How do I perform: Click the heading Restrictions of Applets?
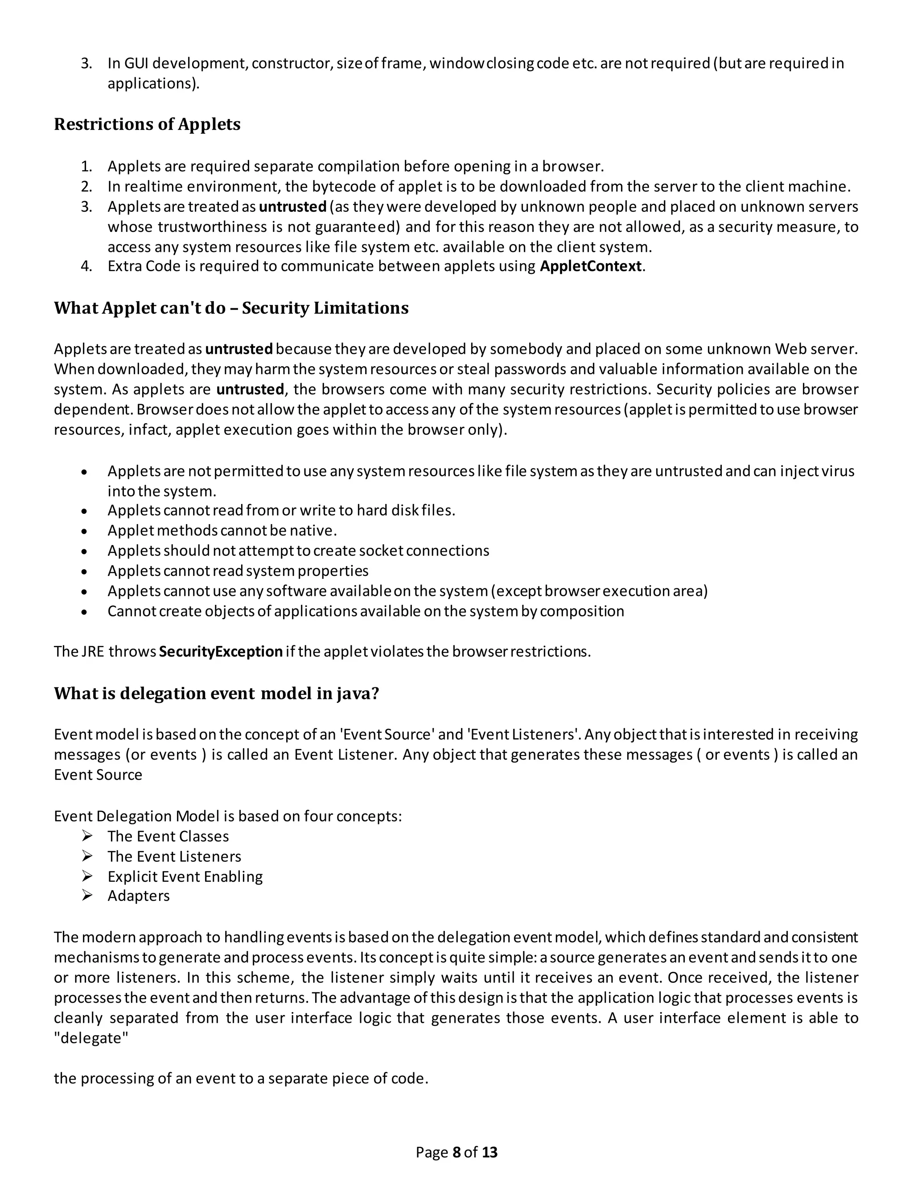[x=147, y=124]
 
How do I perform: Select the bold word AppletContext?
[x=591, y=266]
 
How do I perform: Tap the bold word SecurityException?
[x=221, y=651]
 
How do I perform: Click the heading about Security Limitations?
[x=231, y=308]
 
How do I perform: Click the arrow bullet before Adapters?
[x=87, y=896]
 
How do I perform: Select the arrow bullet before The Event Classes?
[x=87, y=836]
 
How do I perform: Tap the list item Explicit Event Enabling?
[x=185, y=876]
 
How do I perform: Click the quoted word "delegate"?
[x=91, y=1038]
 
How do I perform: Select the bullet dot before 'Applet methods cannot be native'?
[x=84, y=531]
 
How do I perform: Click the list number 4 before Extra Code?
[x=86, y=266]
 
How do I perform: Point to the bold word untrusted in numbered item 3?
[x=292, y=207]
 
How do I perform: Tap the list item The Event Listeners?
[x=174, y=856]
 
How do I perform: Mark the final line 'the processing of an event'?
[x=241, y=1078]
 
